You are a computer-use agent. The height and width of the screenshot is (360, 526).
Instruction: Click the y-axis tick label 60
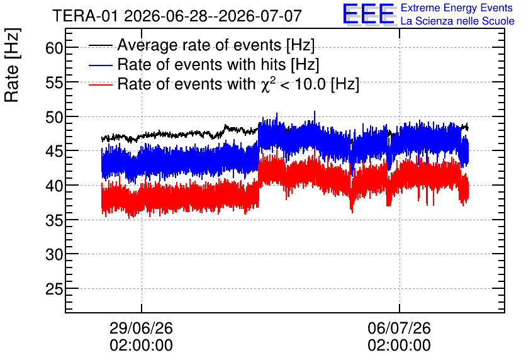coord(54,48)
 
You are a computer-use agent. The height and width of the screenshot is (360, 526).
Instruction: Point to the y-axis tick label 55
coord(54,82)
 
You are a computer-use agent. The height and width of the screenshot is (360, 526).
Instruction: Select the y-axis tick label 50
coord(54,118)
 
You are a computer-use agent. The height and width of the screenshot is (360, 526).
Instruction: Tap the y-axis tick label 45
coord(54,152)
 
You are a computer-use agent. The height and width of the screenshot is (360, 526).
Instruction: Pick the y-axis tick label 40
coord(54,186)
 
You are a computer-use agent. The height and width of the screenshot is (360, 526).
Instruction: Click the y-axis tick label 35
coord(54,220)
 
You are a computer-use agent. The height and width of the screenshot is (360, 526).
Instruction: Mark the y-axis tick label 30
coord(54,255)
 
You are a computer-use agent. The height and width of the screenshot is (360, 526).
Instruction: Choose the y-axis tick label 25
coord(54,290)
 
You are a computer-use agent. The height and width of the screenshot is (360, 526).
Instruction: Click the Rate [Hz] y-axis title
coord(12,65)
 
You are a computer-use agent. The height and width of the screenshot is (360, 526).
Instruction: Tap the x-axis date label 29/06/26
coord(141,328)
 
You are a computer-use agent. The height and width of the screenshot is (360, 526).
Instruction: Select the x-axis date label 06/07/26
coord(399,328)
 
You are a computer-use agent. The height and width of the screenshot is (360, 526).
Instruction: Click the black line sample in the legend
coord(100,45)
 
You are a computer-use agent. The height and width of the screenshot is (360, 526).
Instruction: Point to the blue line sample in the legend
coord(100,65)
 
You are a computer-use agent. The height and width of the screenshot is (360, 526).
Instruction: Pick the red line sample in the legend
coord(100,84)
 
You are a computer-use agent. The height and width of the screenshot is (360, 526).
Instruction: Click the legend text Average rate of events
coord(199,45)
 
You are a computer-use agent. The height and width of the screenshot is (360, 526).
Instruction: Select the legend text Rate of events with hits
coord(201,64)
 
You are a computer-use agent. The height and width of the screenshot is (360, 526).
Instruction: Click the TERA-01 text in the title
coord(85,16)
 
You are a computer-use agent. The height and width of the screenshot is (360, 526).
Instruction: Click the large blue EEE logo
coord(369,14)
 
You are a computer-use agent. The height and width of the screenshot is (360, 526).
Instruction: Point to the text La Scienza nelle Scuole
coord(457,21)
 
